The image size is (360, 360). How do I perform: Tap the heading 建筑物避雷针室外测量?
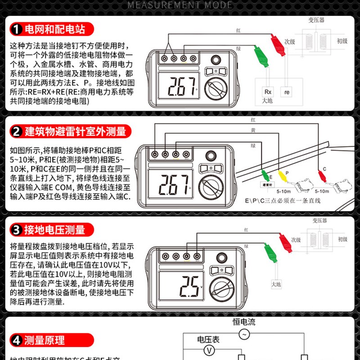click(x=75, y=132)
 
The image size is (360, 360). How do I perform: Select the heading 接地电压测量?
click(x=54, y=230)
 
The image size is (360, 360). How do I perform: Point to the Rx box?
click(x=268, y=91)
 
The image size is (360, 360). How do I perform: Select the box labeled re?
click(x=287, y=91)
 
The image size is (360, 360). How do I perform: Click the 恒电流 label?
click(x=244, y=322)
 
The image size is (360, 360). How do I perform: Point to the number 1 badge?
click(x=17, y=30)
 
